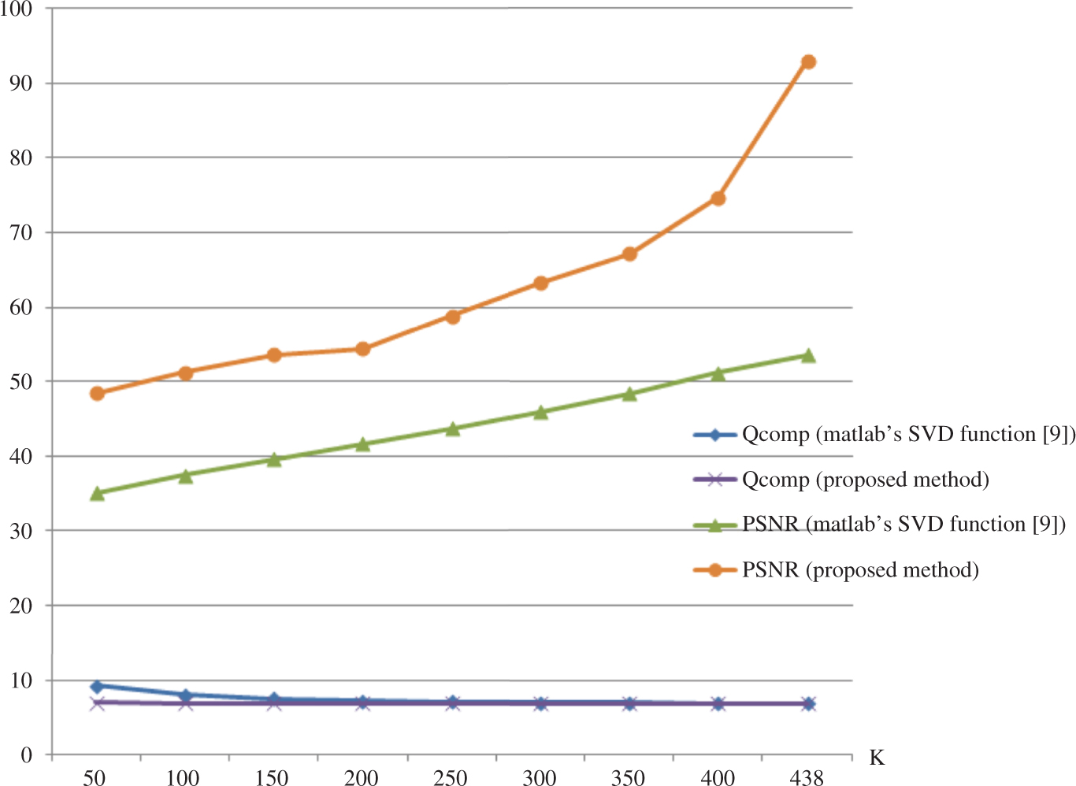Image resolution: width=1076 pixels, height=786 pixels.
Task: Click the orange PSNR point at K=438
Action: pos(808,62)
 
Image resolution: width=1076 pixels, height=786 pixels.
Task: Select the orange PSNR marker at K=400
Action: pos(718,198)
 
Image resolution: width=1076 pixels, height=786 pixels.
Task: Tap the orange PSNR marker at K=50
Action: pos(97,393)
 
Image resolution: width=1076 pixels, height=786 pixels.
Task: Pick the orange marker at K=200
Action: pos(362,349)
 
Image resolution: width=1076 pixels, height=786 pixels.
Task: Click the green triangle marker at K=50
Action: pos(97,493)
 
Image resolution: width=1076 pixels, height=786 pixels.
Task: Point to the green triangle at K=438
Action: pos(808,355)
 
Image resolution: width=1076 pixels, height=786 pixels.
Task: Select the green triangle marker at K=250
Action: pos(453,428)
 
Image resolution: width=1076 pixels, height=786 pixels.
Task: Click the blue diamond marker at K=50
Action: pos(97,686)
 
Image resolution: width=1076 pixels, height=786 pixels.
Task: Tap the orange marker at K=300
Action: pos(540,283)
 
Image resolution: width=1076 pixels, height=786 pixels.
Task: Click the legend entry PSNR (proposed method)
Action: pos(860,569)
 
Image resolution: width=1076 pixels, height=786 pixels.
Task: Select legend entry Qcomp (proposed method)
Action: pos(865,480)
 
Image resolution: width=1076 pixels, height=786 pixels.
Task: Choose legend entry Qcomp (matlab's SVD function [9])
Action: pos(908,434)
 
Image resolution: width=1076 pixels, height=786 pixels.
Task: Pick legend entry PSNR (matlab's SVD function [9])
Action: pos(903,525)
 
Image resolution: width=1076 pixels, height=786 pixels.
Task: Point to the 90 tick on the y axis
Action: pos(20,83)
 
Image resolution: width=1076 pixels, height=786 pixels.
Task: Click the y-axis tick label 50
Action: pos(20,381)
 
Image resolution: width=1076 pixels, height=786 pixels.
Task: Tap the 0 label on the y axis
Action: pos(27,754)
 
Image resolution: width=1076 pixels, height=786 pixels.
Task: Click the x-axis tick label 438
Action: pos(806,778)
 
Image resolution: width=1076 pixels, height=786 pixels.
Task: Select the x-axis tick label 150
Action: pos(272,778)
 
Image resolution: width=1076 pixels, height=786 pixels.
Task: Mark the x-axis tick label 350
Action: pos(628,778)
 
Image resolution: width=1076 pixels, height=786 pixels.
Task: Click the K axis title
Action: pos(877,758)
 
